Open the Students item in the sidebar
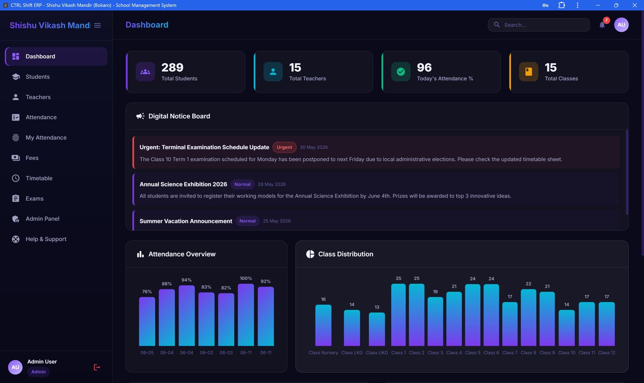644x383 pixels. point(38,77)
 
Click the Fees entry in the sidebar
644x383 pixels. point(32,158)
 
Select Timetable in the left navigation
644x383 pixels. point(39,178)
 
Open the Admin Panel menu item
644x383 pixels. point(42,219)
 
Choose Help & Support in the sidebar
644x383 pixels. point(46,239)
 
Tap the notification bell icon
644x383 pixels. point(602,25)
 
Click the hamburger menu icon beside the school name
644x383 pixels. point(97,25)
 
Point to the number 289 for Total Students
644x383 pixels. point(172,67)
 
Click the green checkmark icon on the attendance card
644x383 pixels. point(401,72)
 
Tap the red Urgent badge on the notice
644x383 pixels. point(284,147)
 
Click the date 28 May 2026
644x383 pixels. point(272,184)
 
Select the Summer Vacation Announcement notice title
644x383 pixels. point(186,221)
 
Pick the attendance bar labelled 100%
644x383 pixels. point(246,315)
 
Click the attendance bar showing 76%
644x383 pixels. point(147,321)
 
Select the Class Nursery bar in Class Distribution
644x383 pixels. point(323,325)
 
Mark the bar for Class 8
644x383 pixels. point(528,317)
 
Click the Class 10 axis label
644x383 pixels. point(567,353)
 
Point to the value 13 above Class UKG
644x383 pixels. point(377,307)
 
